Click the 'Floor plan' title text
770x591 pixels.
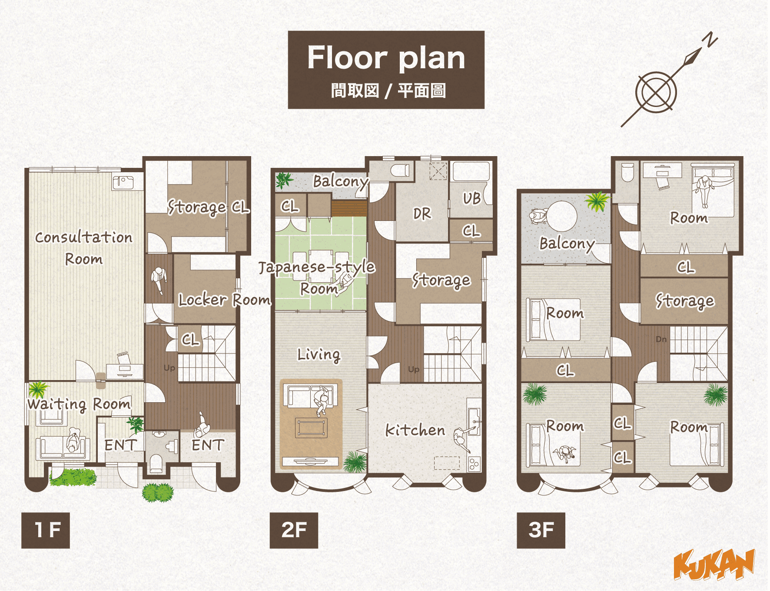coord(386,58)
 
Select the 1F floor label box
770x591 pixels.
coord(46,530)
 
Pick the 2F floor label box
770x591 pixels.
coord(294,530)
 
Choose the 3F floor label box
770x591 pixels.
coord(541,530)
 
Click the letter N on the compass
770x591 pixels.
coord(711,39)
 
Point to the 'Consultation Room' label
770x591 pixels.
coord(83,248)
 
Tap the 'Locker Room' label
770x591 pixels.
coord(224,300)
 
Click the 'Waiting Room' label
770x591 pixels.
coord(79,404)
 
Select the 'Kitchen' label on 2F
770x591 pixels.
coord(415,430)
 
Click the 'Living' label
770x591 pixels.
coord(319,355)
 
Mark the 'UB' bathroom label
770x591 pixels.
coord(471,198)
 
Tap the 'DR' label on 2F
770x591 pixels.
coord(422,214)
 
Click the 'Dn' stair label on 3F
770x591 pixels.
coord(661,339)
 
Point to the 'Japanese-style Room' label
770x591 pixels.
coord(317,277)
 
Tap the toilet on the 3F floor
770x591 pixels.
coord(627,173)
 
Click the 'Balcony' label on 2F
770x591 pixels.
coord(341,181)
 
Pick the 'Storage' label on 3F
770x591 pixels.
coord(685,301)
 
